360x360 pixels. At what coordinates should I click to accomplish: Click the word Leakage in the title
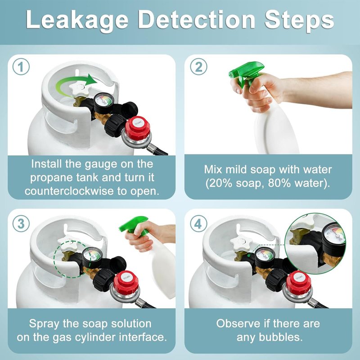[77, 20]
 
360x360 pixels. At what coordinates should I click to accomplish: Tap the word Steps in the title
[299, 20]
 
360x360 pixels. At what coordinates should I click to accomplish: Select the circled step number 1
[21, 67]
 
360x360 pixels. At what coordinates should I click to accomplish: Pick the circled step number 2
[198, 67]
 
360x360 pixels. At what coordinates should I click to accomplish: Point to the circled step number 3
[21, 224]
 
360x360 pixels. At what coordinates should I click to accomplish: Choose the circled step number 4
[198, 224]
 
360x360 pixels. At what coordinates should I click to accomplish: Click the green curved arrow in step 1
[69, 81]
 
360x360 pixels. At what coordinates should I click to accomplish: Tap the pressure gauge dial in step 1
[104, 102]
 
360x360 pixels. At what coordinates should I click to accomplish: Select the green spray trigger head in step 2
[245, 73]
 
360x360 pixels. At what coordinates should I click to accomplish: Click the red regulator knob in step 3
[126, 283]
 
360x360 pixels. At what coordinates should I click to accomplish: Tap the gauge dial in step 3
[92, 257]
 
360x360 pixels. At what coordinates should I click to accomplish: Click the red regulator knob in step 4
[298, 283]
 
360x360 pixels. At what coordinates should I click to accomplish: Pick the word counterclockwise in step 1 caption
[69, 191]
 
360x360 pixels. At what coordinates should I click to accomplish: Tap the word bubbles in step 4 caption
[280, 337]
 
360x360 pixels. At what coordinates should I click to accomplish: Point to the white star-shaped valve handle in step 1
[78, 90]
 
